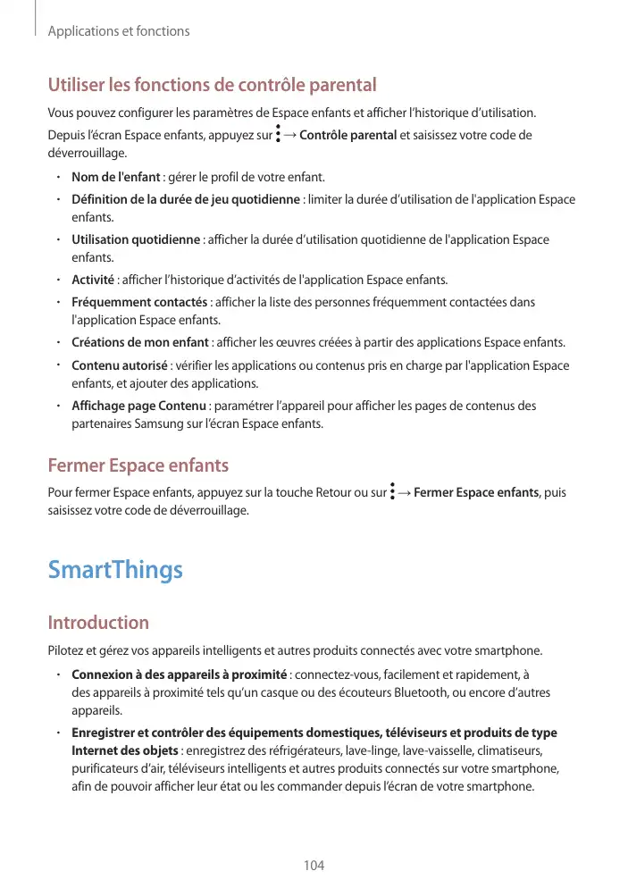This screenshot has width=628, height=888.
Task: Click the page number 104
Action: tap(314, 866)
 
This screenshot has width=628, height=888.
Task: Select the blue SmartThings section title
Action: tap(115, 570)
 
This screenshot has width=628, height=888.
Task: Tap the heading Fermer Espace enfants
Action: tap(138, 465)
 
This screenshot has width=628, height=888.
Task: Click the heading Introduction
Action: tap(98, 622)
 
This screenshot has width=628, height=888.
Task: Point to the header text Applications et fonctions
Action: tap(119, 31)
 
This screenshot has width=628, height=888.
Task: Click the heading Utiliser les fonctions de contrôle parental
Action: tap(212, 86)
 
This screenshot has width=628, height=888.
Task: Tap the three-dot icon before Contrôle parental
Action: tap(279, 135)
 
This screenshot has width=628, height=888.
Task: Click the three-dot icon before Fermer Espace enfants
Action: tap(393, 491)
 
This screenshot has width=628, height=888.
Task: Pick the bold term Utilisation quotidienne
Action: tap(136, 239)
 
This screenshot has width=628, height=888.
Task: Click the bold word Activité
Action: tap(92, 281)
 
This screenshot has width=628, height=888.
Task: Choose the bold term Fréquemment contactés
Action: tap(139, 302)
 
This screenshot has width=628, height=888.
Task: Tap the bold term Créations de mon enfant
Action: tap(139, 343)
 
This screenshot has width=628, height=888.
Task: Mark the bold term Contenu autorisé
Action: tap(119, 365)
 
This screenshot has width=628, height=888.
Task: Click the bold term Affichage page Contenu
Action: tap(138, 406)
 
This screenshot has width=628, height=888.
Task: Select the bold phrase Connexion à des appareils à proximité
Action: tap(179, 674)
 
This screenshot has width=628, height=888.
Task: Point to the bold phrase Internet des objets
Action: tap(125, 750)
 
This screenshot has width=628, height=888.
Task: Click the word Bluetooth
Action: tap(447, 693)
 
